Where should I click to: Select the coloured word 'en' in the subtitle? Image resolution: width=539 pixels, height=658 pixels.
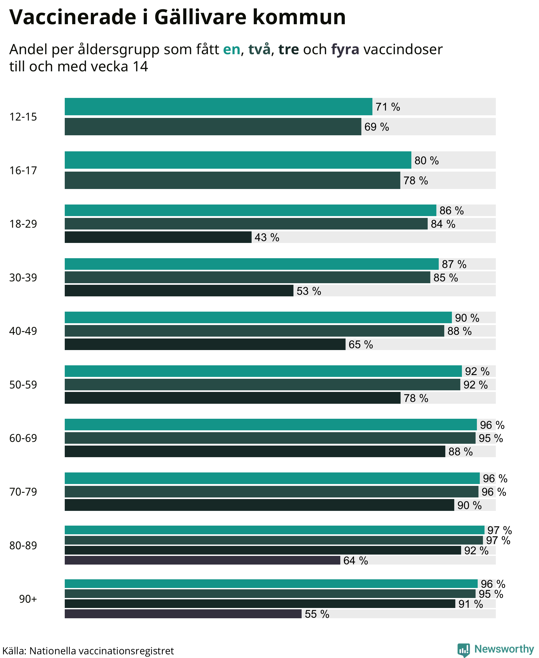232,50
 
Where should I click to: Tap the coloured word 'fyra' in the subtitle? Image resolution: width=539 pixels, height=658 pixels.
345,50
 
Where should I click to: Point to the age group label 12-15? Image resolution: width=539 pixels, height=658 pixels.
23,117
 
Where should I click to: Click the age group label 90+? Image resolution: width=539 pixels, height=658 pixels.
28,599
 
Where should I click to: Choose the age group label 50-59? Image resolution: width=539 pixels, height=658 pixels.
23,385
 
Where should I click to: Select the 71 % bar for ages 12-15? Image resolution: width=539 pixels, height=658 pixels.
218,107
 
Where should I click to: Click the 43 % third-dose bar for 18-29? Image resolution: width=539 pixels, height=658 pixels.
158,237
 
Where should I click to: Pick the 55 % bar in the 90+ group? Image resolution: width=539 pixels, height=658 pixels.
183,614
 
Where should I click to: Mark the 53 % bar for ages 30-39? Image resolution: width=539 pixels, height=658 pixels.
179,291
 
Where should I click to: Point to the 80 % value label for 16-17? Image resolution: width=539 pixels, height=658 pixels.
427,161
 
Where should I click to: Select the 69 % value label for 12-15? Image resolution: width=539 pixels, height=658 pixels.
377,127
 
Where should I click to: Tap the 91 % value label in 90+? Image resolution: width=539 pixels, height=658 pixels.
471,604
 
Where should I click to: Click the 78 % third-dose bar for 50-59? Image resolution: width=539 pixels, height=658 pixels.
233,398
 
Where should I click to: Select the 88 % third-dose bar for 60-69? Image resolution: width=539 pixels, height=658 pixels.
255,451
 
